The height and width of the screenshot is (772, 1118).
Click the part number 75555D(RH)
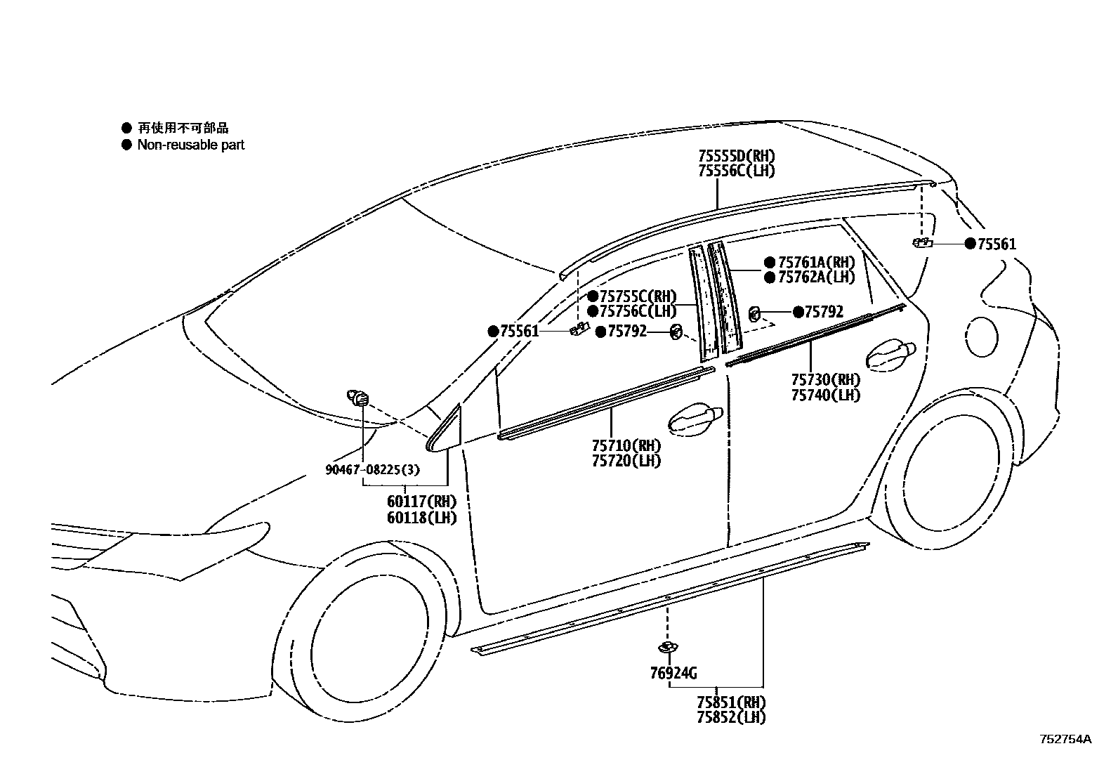(x=737, y=156)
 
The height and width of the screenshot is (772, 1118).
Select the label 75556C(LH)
(x=737, y=171)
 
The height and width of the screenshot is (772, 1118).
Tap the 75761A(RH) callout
(x=817, y=262)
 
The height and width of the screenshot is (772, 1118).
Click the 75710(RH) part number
(x=626, y=445)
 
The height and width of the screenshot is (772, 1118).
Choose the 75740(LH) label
(x=826, y=395)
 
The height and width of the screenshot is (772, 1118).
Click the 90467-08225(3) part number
(x=372, y=469)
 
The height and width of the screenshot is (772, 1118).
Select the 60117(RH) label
(x=421, y=502)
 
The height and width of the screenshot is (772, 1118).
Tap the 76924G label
(x=673, y=674)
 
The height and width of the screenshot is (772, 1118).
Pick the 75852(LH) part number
(x=731, y=717)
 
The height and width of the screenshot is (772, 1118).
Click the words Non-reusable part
(x=191, y=145)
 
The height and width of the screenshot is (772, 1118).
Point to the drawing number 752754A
(x=1066, y=739)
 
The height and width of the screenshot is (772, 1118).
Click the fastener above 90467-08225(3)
(x=360, y=398)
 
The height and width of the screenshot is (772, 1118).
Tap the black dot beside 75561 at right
(x=971, y=244)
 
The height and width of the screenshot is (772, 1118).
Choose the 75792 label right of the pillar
(x=823, y=312)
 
